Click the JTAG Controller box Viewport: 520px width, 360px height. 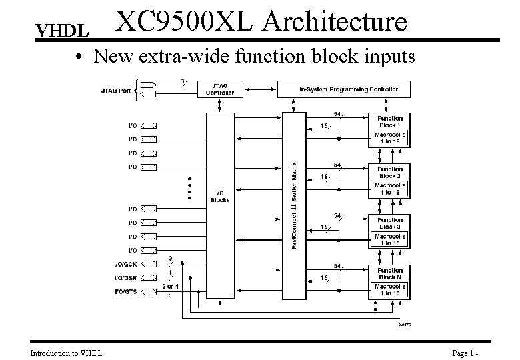click(219, 89)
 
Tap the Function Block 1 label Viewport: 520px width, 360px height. click(390, 121)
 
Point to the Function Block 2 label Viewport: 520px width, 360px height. click(390, 172)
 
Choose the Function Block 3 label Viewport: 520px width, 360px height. click(390, 223)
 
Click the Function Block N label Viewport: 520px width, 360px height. click(390, 273)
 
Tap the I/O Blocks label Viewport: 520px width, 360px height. click(219, 196)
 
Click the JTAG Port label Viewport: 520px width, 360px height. click(115, 90)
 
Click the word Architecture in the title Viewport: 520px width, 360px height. click(334, 21)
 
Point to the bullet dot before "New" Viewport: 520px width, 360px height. click(79, 58)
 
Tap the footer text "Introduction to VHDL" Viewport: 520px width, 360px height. click(66, 353)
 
